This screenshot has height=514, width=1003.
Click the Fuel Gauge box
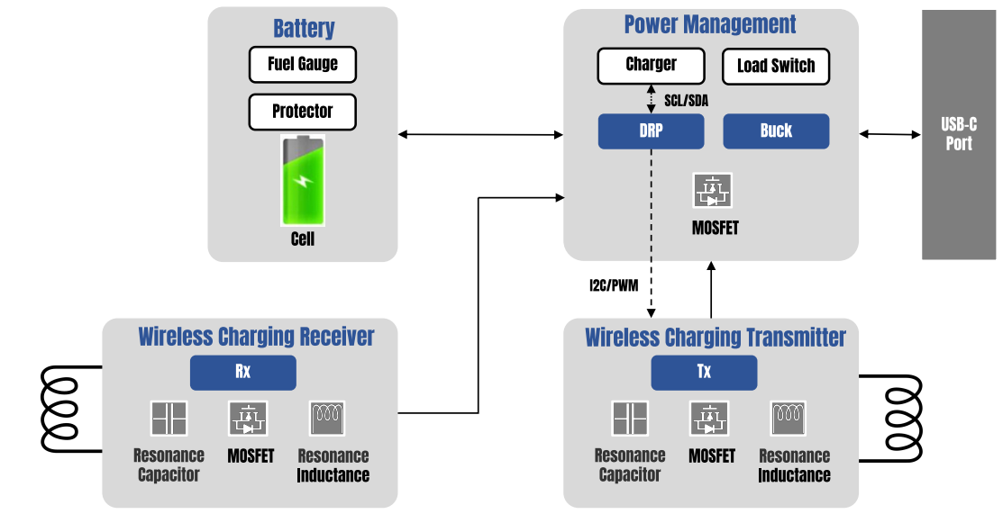(303, 64)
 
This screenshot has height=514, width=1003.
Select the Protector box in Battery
(303, 112)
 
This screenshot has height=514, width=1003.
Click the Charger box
(651, 64)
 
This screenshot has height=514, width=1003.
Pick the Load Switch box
(776, 66)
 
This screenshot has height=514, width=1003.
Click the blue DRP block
(651, 131)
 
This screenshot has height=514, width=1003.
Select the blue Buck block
(776, 131)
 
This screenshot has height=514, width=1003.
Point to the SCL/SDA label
(686, 100)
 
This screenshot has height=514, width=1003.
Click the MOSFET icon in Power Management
(713, 191)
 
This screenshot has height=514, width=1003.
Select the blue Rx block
(242, 372)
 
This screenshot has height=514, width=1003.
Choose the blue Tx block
(704, 372)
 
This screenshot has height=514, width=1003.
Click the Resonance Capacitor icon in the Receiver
(169, 419)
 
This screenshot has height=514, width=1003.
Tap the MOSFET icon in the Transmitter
(709, 419)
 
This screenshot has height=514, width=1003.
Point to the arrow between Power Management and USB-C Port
(889, 134)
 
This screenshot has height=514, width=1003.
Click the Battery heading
(304, 28)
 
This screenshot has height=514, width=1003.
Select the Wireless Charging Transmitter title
(716, 338)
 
